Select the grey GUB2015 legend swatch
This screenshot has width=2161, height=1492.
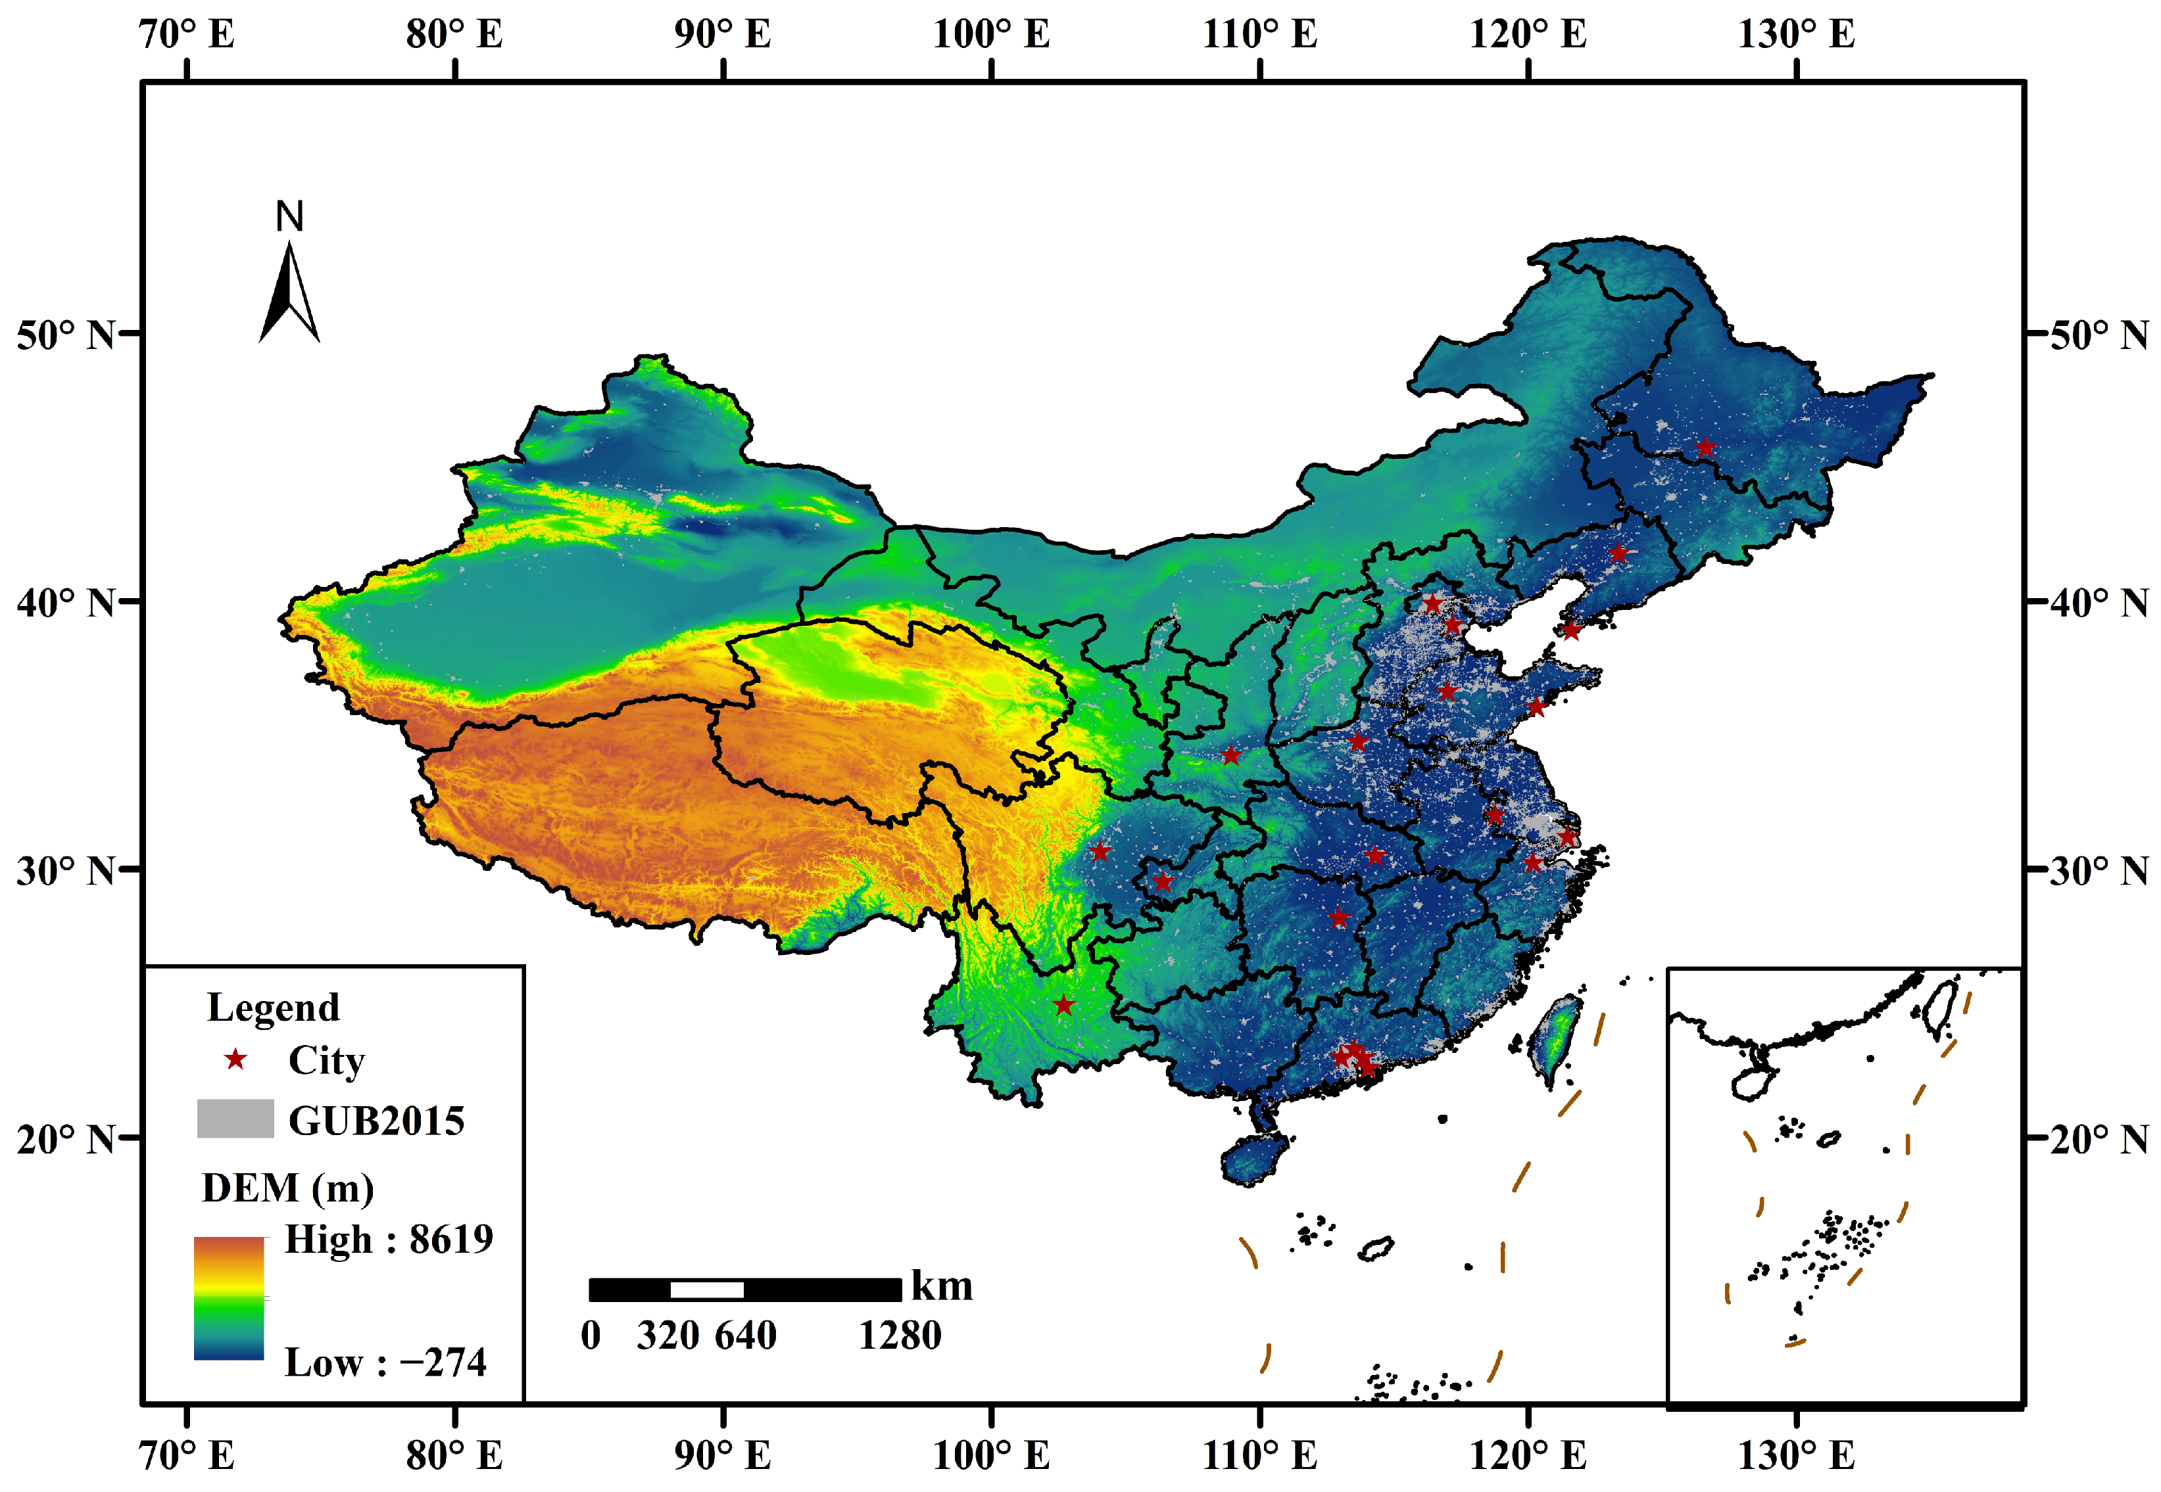click(x=235, y=1118)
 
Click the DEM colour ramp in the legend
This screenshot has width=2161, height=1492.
click(x=229, y=1297)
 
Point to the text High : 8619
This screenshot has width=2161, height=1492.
click(x=388, y=1240)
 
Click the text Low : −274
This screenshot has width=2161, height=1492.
click(x=385, y=1362)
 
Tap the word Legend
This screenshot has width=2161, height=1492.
click(x=273, y=1008)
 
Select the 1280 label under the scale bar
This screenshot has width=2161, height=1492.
click(x=900, y=1335)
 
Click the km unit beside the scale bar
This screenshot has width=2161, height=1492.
click(x=942, y=1286)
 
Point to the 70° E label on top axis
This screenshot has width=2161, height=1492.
click(x=187, y=35)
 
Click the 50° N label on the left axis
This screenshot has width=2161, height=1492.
click(x=66, y=335)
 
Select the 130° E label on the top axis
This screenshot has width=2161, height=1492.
click(x=1796, y=35)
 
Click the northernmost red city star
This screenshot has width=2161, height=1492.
click(x=1706, y=447)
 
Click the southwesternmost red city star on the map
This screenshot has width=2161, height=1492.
click(x=1063, y=1006)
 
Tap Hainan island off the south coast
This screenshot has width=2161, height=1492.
click(x=1253, y=1159)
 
